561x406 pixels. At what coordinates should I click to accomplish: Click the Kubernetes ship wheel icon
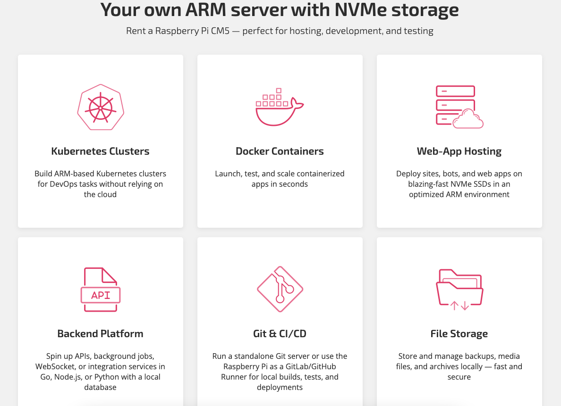(101, 108)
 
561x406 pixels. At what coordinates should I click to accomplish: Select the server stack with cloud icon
(459, 107)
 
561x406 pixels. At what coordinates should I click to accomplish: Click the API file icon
(101, 290)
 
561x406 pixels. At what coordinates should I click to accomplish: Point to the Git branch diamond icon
(280, 289)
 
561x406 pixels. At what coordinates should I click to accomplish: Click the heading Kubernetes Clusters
(100, 151)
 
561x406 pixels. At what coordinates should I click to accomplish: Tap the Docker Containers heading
(280, 151)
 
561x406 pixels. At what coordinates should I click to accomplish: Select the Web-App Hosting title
(459, 151)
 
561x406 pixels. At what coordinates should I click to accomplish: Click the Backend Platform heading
(100, 334)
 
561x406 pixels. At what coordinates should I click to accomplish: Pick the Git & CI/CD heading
(280, 334)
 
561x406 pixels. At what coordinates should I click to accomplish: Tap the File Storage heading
(459, 334)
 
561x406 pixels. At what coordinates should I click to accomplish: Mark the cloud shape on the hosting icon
(468, 119)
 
